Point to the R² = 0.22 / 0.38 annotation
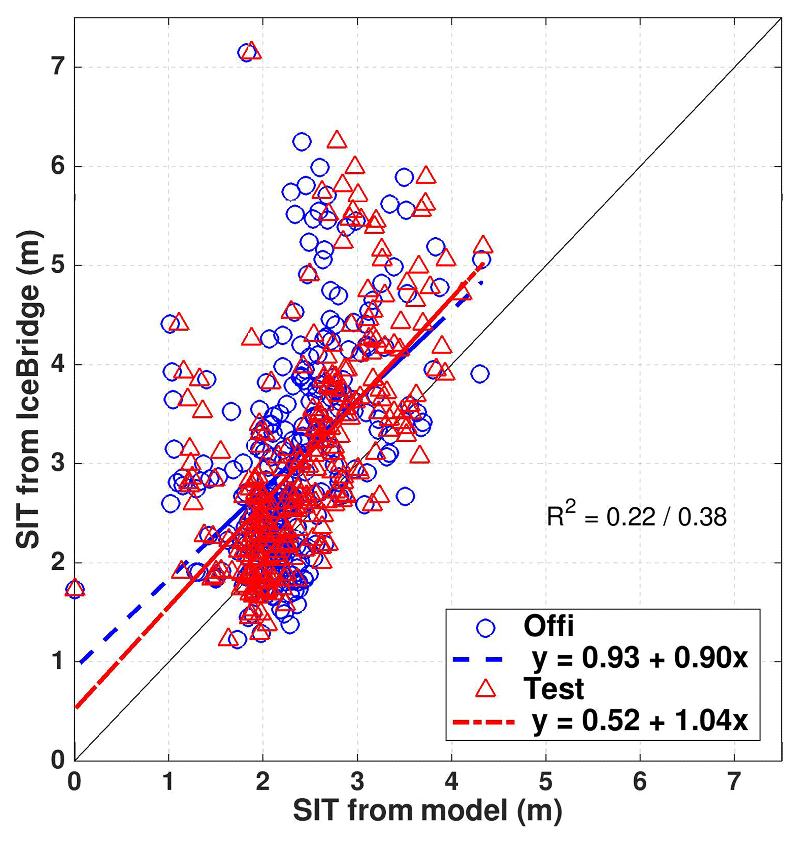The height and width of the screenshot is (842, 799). tap(636, 517)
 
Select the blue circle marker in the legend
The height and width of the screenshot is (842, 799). tap(486, 628)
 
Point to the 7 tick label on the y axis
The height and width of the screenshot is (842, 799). tap(58, 67)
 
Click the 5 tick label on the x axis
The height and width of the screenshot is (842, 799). tap(545, 781)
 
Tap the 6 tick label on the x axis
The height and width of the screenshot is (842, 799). tap(640, 781)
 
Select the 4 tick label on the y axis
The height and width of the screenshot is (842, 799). tap(58, 364)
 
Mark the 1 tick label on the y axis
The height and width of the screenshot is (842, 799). tap(58, 661)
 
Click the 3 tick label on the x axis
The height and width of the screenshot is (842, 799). tap(357, 781)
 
